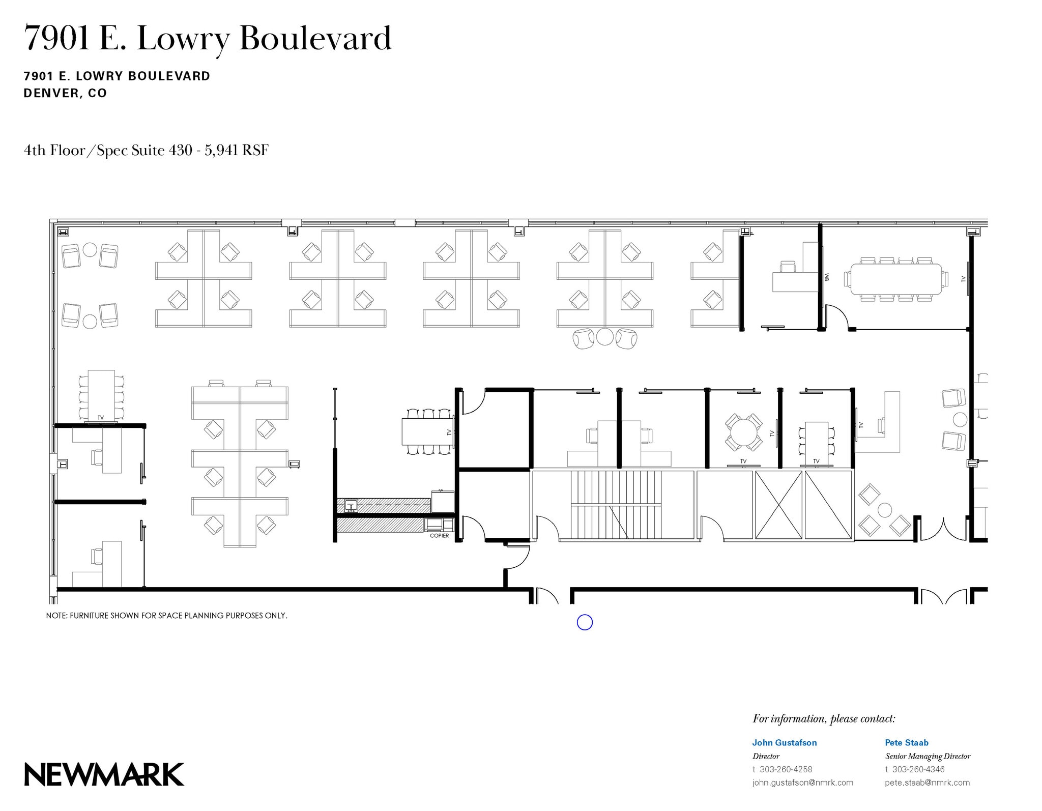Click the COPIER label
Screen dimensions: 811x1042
(x=439, y=536)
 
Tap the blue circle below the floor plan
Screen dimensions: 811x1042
(x=585, y=622)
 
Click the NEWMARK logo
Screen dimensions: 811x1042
(x=104, y=774)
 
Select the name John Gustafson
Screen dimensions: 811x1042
(x=784, y=742)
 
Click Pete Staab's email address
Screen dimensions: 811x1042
(x=927, y=783)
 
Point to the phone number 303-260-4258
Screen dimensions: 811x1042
(x=786, y=769)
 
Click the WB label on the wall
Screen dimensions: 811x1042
(x=827, y=278)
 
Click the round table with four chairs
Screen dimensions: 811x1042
(x=743, y=432)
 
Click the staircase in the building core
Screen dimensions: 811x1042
(x=616, y=504)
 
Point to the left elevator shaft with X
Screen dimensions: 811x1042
(x=778, y=504)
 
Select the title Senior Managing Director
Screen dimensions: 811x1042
(x=928, y=756)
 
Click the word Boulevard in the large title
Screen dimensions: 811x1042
(x=315, y=38)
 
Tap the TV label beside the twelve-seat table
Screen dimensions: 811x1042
(x=963, y=279)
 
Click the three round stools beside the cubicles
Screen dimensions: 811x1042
(x=604, y=338)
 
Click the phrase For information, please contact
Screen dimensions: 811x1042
(x=824, y=719)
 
